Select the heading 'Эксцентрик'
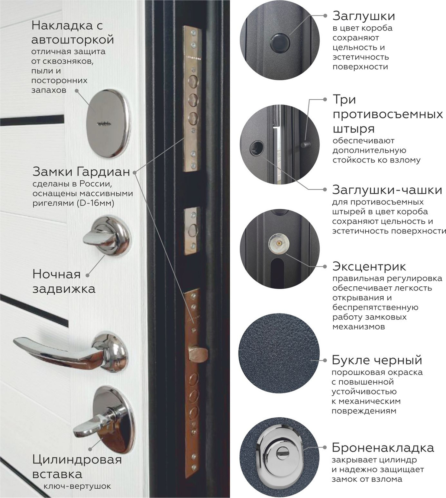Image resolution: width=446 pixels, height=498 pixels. point(369,266)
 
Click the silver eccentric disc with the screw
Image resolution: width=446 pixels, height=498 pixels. point(278,243)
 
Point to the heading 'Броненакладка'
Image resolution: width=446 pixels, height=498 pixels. point(383,448)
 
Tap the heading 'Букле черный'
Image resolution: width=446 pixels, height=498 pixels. point(377,360)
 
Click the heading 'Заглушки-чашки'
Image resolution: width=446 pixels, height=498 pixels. point(387,190)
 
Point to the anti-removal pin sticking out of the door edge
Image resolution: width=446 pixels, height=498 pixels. point(306,144)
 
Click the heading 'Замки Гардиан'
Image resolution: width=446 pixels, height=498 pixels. point(81,171)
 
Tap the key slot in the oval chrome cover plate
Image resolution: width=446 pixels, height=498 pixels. point(104,123)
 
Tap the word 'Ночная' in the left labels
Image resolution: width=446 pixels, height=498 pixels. point(56,274)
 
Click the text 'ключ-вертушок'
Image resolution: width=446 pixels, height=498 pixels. point(77,486)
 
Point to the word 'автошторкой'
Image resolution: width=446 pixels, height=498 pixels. point(73,39)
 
